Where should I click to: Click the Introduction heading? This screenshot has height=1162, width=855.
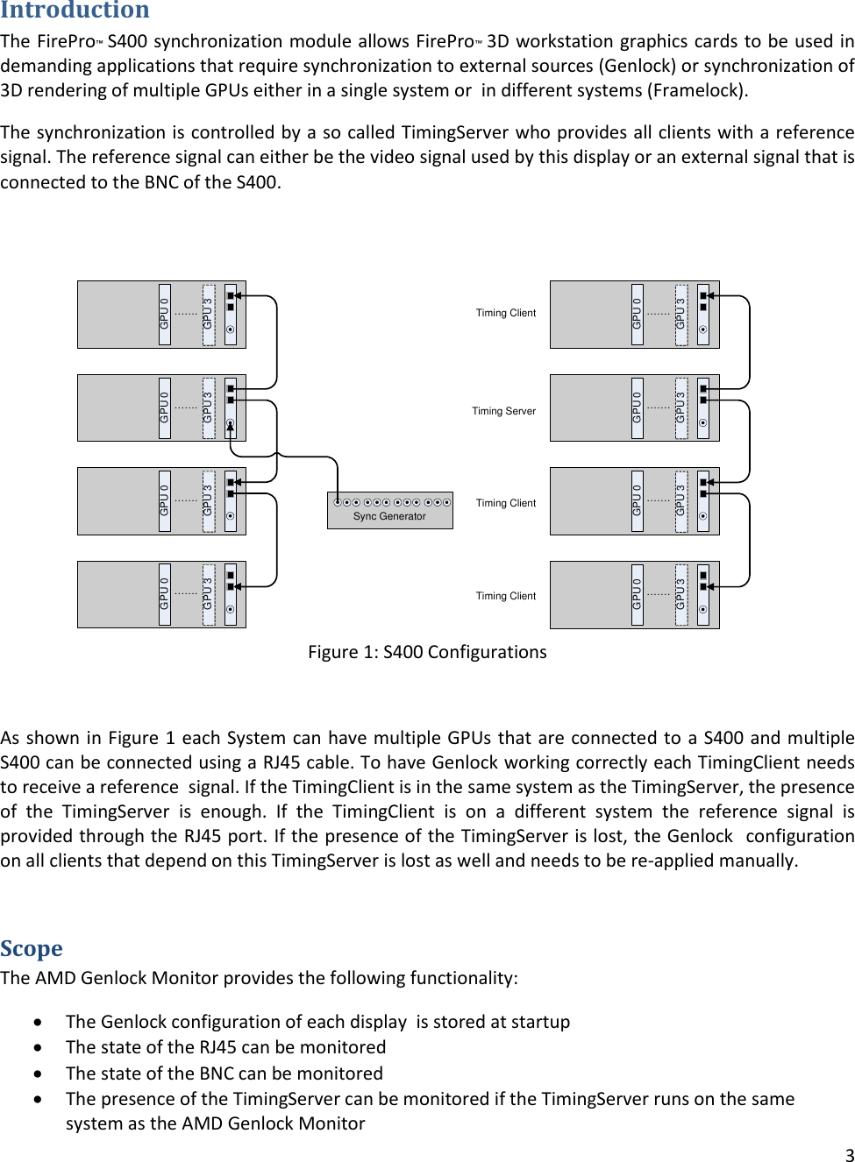coord(75,11)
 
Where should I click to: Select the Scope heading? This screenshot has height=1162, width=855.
coord(32,948)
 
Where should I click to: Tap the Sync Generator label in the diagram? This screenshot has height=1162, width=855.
coord(389,516)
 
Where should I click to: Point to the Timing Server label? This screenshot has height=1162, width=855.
coord(503,411)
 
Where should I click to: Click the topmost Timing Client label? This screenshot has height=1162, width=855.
coord(505,313)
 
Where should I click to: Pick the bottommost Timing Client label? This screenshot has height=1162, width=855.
coord(505,596)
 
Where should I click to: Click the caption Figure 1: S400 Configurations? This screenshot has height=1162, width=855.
coord(427,652)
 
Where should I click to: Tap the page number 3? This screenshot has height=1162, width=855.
coord(849,1154)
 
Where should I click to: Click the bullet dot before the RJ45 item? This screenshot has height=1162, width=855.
coord(38,1047)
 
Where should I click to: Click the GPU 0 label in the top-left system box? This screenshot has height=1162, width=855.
coord(165,315)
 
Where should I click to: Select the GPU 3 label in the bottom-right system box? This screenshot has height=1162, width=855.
coord(680,595)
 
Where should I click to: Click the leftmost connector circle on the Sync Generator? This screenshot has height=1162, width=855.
coord(337,502)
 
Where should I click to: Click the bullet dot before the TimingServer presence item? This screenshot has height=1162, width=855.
coord(38,1099)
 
